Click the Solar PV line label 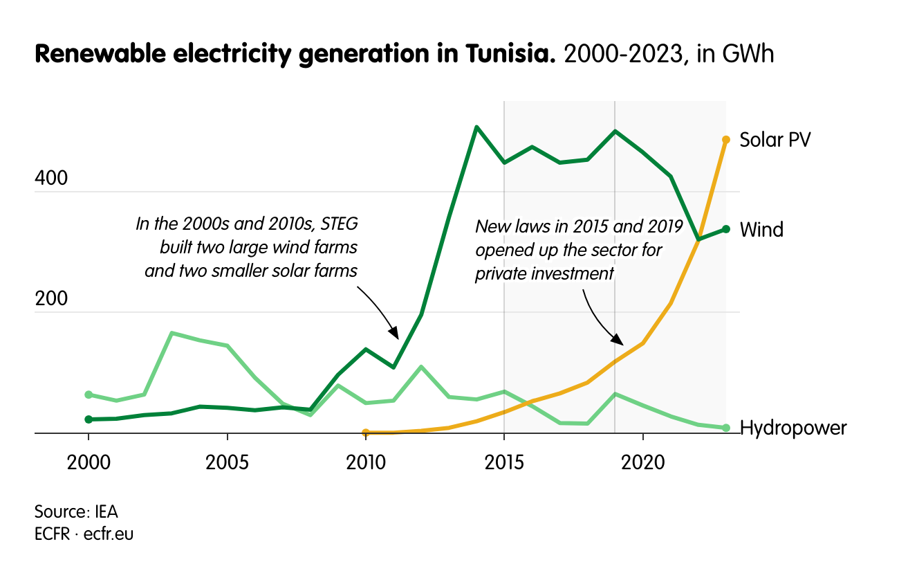point(775,140)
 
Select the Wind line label point(761,230)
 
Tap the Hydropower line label point(793,428)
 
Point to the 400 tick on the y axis point(51,179)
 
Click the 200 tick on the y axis point(51,299)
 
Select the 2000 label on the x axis point(89,461)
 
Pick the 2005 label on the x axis point(227,461)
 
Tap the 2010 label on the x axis point(366,461)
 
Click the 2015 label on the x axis point(504,461)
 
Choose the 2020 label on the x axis point(642,461)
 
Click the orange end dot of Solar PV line point(725,140)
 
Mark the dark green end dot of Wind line point(725,229)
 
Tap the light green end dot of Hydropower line point(725,428)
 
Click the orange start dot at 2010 point(366,432)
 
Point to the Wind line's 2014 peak point(476,127)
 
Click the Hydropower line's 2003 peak point(172,334)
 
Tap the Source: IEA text point(76,512)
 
